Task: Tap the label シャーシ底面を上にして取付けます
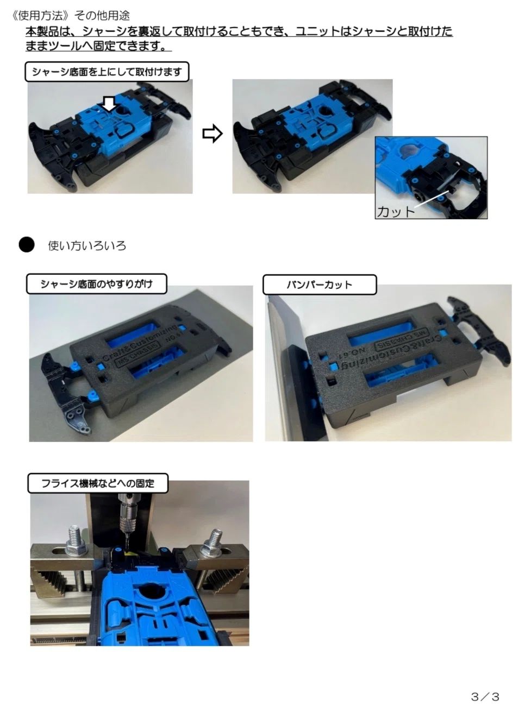107,72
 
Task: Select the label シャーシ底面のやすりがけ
96,284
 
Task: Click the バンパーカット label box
320,285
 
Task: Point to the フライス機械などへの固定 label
98,483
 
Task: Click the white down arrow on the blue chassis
109,105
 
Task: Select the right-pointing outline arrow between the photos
213,134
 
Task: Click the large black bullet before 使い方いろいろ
27,245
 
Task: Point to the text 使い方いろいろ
87,245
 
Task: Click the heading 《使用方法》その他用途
70,15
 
